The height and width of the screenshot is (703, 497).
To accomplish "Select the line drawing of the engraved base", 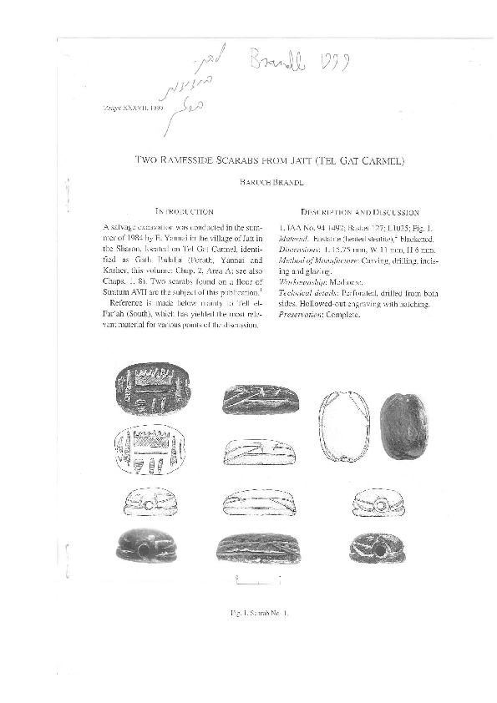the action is tap(152, 453).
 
